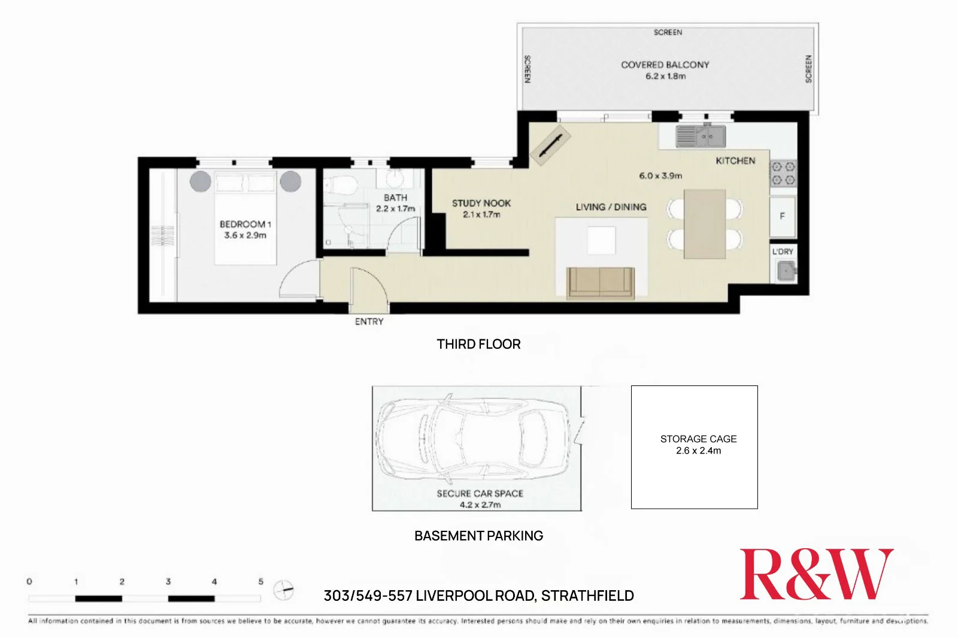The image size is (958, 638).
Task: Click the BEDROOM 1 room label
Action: [245, 224]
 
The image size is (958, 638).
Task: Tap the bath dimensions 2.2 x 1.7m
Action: [395, 209]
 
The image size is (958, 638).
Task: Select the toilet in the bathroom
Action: [343, 186]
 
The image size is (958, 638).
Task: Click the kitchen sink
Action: [701, 136]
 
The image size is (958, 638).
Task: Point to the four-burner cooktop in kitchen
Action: [783, 173]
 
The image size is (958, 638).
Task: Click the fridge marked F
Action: [783, 217]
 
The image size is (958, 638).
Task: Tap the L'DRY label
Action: [783, 251]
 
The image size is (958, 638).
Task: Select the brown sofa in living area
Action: [601, 282]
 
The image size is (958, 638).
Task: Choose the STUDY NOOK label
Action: [481, 203]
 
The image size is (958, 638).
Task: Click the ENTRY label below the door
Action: [369, 322]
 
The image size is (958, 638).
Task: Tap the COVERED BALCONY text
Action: [665, 65]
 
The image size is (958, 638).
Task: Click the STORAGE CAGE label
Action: [698, 439]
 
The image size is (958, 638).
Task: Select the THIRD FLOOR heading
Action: [478, 344]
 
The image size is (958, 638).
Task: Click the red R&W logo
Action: [816, 575]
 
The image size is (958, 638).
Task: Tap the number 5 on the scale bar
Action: [260, 582]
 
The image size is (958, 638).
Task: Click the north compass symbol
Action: [284, 590]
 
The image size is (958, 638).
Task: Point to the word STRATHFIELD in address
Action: [587, 596]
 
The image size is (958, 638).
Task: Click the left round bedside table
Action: [201, 181]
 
